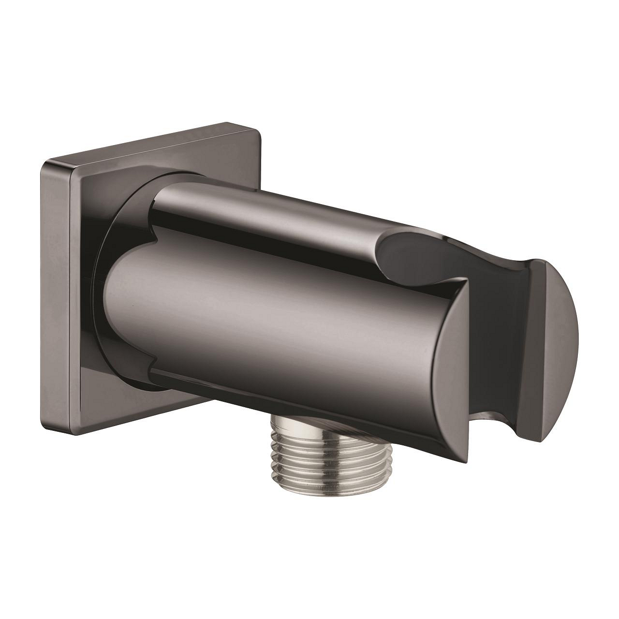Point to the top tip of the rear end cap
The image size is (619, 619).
(x=537, y=261)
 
